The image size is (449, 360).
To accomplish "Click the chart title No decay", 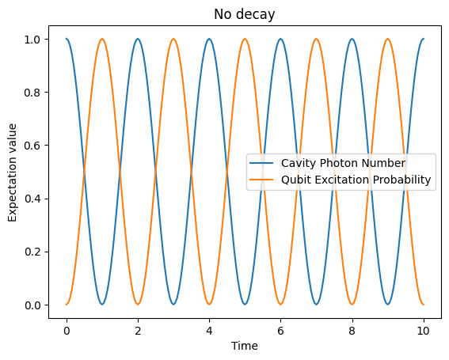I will pos(245,14).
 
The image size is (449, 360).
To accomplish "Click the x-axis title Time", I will pos(245,345).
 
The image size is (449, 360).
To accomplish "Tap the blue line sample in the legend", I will pos(264,163).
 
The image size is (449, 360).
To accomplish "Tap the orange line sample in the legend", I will pos(264,180).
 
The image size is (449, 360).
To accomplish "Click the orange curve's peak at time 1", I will pos(102,39).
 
